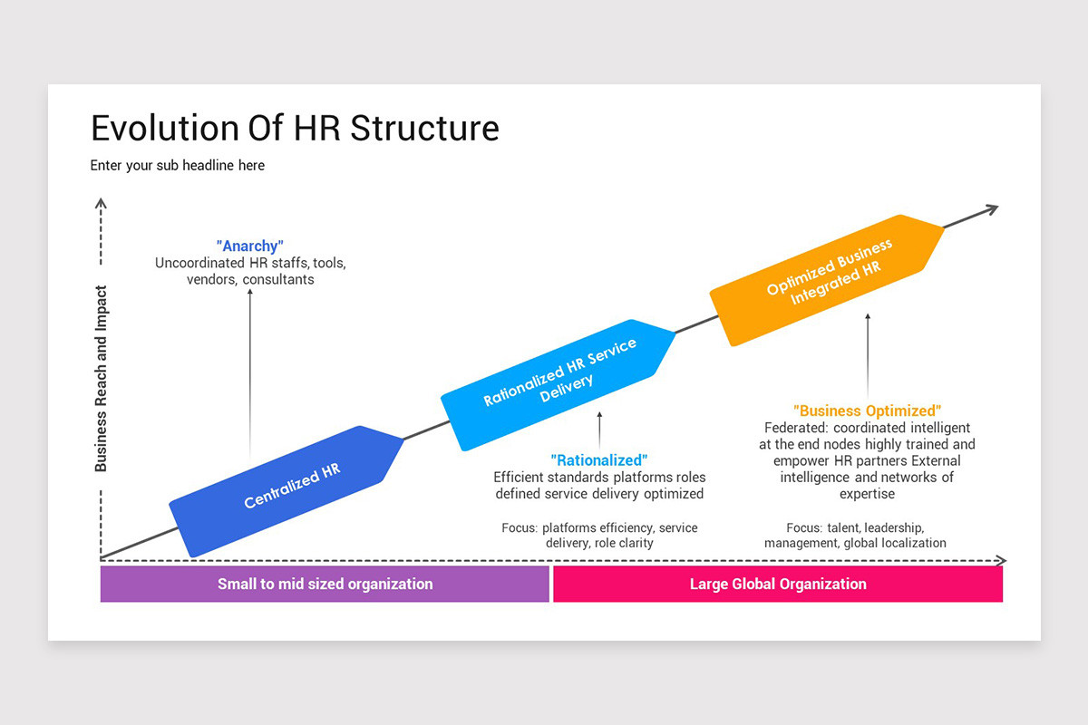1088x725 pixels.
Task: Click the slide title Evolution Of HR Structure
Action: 295,128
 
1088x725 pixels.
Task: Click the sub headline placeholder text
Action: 178,166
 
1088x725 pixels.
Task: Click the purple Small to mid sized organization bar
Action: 325,584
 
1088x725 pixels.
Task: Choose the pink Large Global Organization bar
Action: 777,584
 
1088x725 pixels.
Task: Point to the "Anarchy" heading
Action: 250,246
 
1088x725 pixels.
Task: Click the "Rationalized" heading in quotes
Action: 599,460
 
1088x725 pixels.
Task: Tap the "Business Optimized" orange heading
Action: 867,411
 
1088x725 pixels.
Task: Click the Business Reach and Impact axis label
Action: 101,379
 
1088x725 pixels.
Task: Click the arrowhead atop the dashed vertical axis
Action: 102,205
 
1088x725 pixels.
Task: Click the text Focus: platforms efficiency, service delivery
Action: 599,535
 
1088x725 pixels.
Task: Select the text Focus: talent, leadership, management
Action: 855,535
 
